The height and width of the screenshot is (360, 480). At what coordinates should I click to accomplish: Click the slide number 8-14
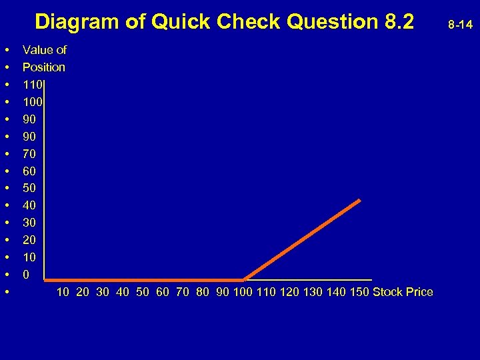(461, 25)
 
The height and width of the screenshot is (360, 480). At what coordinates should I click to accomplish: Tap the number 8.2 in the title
(399, 22)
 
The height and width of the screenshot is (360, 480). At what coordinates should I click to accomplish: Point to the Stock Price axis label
(403, 292)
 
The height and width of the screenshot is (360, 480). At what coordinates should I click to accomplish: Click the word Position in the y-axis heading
(44, 67)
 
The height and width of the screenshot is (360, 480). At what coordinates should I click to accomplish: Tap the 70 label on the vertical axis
(29, 153)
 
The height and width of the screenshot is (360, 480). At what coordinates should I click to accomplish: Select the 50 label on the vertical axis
(29, 188)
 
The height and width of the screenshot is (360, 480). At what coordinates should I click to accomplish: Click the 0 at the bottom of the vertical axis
(26, 274)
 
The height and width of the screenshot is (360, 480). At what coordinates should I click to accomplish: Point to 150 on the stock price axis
(359, 292)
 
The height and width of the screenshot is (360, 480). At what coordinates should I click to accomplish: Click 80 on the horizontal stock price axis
(203, 292)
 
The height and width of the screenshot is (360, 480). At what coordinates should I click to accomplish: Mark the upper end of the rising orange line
(360, 200)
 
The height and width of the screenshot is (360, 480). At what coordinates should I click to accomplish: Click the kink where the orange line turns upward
(245, 279)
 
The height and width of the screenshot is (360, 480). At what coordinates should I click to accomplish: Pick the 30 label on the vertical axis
(29, 223)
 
